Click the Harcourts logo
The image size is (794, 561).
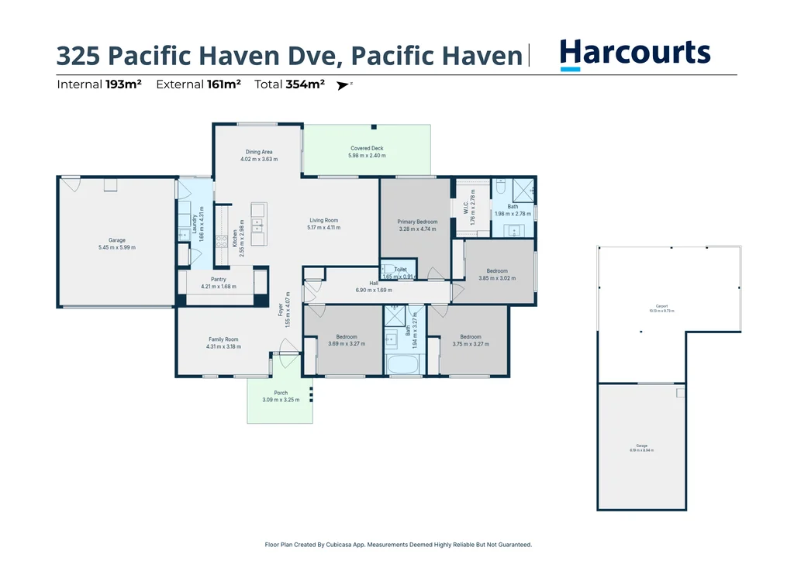click(634, 54)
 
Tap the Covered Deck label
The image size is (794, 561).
click(367, 148)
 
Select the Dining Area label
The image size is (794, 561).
click(259, 152)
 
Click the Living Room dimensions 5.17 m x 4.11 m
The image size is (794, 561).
click(324, 228)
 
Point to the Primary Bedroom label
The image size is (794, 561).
click(417, 222)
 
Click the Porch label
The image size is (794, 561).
click(280, 393)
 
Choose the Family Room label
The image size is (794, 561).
click(223, 339)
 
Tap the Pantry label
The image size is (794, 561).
click(219, 279)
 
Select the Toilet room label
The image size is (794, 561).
click(400, 270)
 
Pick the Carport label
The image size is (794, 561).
click(661, 305)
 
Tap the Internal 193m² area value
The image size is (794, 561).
click(123, 84)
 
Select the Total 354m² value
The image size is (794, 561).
click(305, 84)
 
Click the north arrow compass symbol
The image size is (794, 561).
click(343, 85)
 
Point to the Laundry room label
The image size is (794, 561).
click(194, 222)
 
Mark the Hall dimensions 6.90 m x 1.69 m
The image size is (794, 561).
click(374, 290)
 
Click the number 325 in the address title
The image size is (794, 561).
click(78, 56)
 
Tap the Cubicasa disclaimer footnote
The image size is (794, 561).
click(398, 545)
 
